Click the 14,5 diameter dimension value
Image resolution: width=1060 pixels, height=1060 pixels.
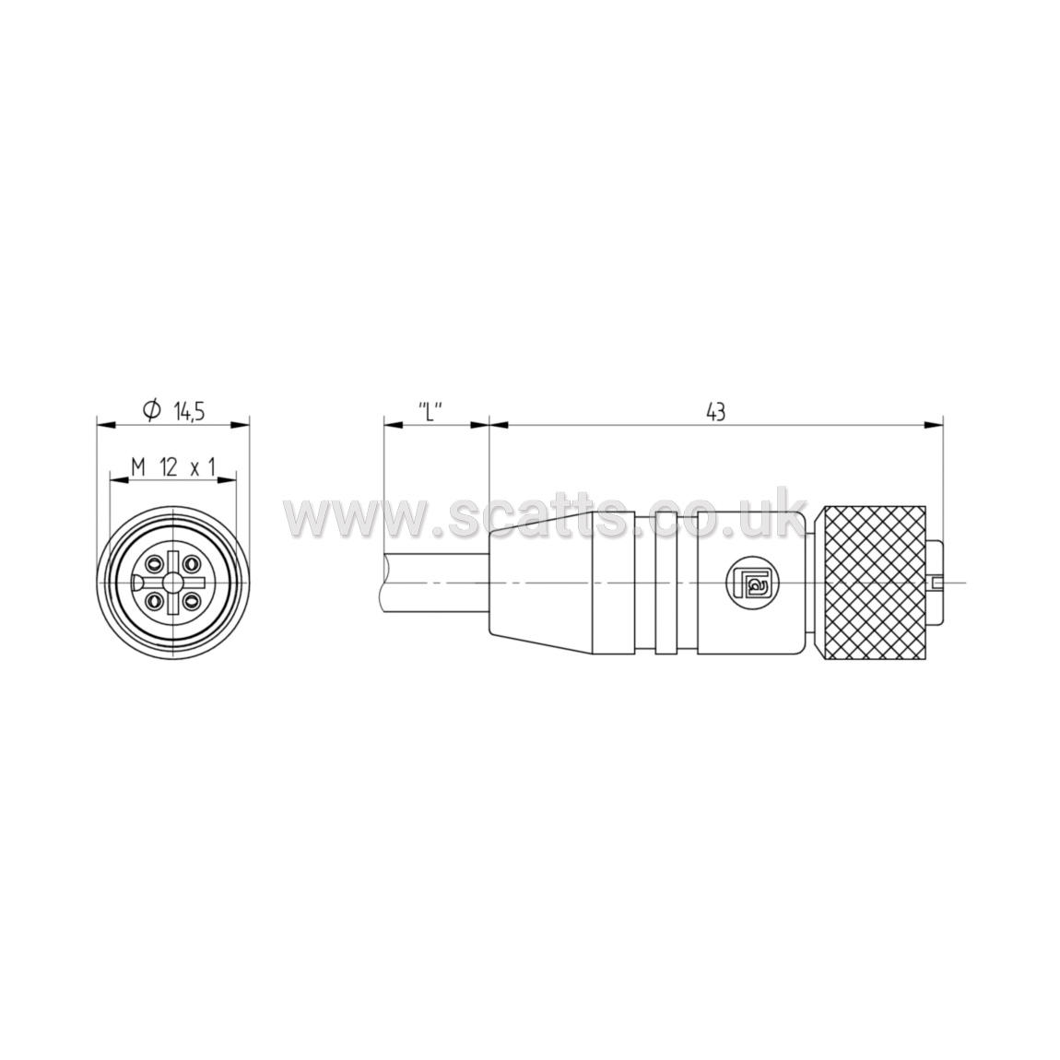pos(189,411)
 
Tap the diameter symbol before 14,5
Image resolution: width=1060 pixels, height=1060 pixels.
pos(152,410)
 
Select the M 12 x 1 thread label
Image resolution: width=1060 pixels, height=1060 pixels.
pos(173,466)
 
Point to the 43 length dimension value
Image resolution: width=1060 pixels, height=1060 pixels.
pos(715,411)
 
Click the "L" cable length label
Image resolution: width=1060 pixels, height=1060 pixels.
pos(430,411)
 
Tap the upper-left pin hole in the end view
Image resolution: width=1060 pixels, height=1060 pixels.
pos(154,562)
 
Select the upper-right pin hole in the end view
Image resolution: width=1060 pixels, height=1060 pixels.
pos(193,562)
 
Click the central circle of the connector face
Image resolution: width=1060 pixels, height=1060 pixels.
pos(173,582)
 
